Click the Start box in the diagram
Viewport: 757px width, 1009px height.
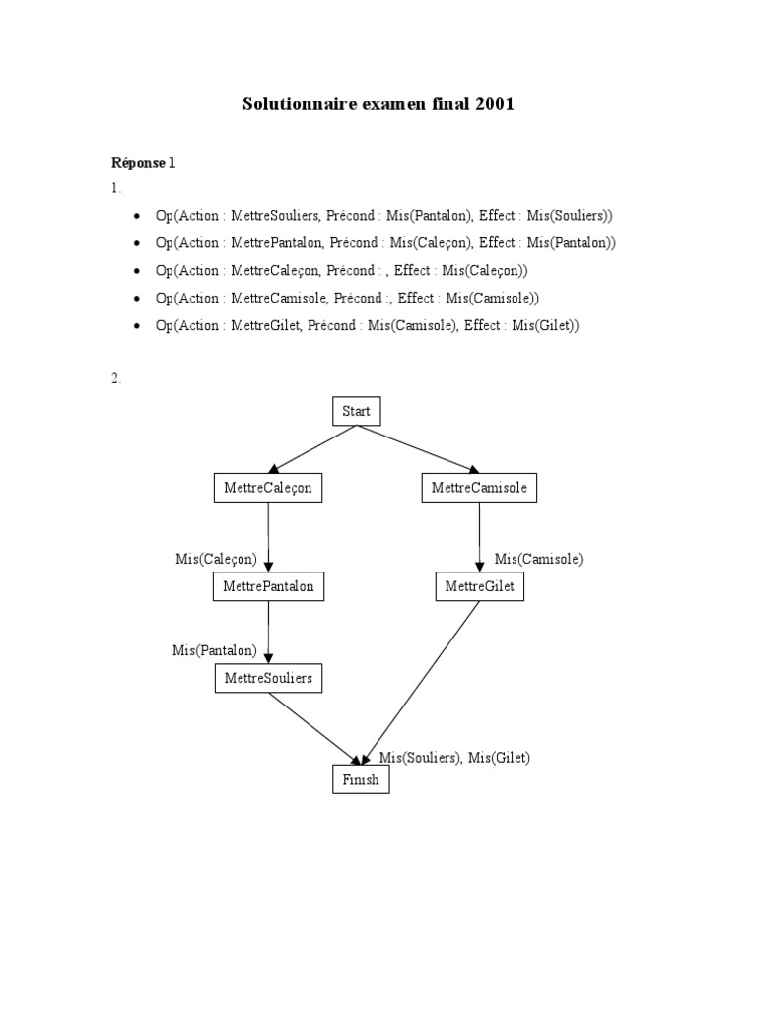pyautogui.click(x=356, y=411)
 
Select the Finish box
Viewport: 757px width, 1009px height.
pyautogui.click(x=361, y=780)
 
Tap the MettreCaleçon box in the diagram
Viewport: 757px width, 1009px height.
pyautogui.click(x=268, y=487)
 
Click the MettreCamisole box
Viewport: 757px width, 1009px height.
pyautogui.click(x=479, y=487)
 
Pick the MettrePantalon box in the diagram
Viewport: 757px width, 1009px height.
pyautogui.click(x=269, y=586)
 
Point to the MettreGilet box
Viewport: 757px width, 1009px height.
pyautogui.click(x=479, y=586)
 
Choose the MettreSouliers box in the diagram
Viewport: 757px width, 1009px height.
pyautogui.click(x=269, y=678)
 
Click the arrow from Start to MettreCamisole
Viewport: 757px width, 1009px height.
pyautogui.click(x=424, y=450)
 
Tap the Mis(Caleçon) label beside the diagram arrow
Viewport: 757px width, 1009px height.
pyautogui.click(x=216, y=559)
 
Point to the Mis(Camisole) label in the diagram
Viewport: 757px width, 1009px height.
pyautogui.click(x=538, y=559)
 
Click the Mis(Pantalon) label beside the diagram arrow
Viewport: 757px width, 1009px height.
pyautogui.click(x=214, y=649)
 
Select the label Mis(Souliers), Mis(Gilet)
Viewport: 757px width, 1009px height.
pyautogui.click(x=454, y=757)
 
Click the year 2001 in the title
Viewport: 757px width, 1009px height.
pyautogui.click(x=495, y=104)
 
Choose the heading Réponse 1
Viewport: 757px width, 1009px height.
pyautogui.click(x=143, y=163)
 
